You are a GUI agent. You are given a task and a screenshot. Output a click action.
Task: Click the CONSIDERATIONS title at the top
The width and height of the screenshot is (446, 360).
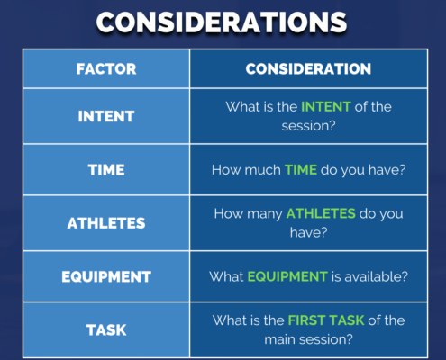coord(222,22)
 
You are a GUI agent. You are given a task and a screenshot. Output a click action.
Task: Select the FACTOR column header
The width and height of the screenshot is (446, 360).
coord(106,69)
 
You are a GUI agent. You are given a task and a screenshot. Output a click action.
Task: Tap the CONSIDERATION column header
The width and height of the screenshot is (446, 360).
coord(308,69)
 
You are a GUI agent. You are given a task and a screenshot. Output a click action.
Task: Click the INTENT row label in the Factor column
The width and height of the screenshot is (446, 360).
coord(106,116)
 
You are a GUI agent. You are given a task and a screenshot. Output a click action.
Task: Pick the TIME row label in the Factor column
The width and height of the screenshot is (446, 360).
coord(106,170)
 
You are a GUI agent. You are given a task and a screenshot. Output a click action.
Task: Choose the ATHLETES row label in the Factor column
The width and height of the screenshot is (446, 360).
coord(106,223)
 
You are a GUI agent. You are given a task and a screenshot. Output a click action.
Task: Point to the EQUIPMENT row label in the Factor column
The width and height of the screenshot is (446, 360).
coord(106,276)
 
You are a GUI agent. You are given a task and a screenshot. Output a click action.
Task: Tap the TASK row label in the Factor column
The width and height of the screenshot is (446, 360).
coord(106,330)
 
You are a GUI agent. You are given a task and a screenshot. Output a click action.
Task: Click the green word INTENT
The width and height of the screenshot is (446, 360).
coord(326,107)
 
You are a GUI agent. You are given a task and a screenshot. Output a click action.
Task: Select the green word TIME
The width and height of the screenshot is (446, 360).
coord(301,170)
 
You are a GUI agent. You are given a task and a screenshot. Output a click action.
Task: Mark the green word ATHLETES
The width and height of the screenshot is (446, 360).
coord(321,213)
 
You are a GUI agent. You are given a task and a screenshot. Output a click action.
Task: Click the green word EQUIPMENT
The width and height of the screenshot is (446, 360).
coord(287,276)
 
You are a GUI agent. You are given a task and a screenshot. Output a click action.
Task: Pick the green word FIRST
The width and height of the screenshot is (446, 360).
coord(307,320)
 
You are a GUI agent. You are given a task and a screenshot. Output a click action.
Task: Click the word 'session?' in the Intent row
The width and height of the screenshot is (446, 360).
coord(308,126)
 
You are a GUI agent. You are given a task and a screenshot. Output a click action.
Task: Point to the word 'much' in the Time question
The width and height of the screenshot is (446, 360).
coord(263,170)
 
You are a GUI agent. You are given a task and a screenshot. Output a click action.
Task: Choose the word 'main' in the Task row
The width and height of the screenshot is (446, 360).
coord(279,339)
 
